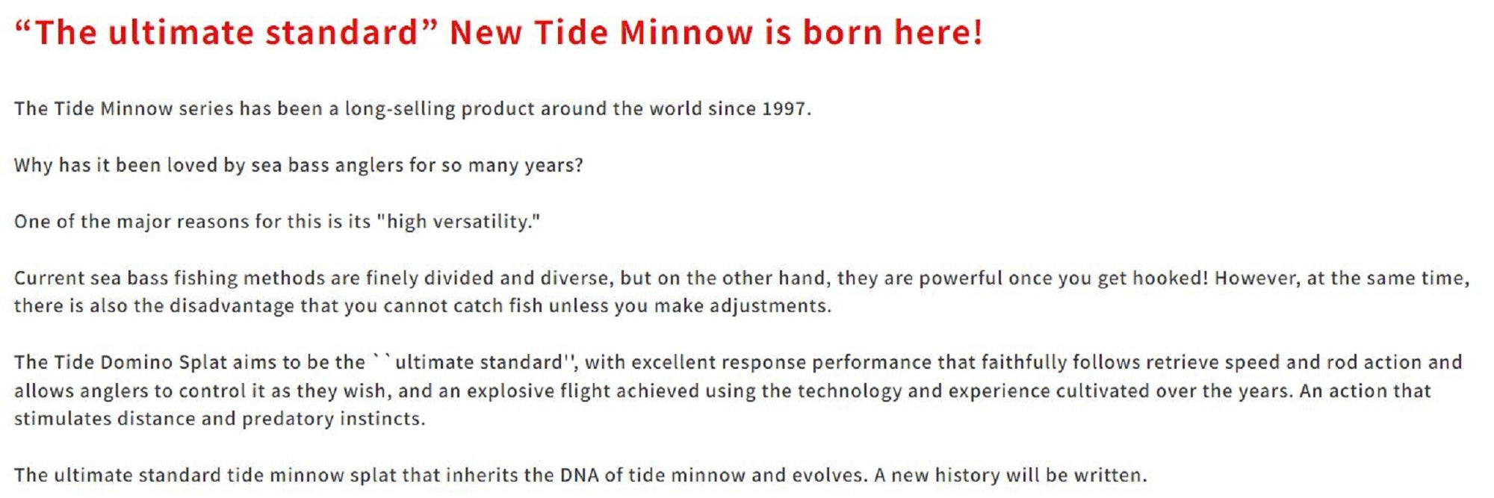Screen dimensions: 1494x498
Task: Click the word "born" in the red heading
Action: click(842, 33)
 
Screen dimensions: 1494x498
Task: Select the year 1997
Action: click(784, 109)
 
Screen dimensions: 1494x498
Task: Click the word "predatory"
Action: click(288, 420)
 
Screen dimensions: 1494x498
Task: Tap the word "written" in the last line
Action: click(1107, 476)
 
